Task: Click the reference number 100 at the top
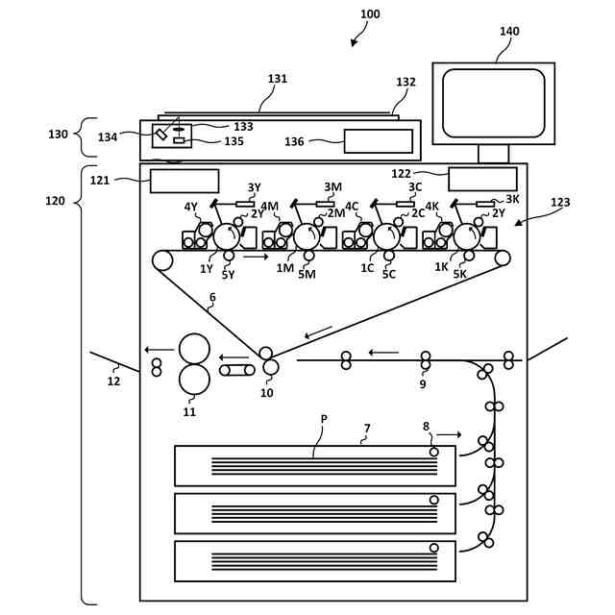coord(370,14)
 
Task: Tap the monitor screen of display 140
coord(493,103)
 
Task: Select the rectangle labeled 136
coord(378,141)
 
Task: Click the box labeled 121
coord(184,181)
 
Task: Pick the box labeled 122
coord(482,180)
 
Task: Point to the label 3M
coord(332,186)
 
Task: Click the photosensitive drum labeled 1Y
coord(227,237)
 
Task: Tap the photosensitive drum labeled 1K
coord(467,237)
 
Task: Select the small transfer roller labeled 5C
coord(388,256)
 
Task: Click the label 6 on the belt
coord(212,297)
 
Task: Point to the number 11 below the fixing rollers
coord(189,412)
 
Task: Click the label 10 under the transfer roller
coord(267,393)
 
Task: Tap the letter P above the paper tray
coord(324,419)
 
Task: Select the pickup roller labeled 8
coord(433,453)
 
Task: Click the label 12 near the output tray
coord(113,381)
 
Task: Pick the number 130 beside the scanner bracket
coord(58,135)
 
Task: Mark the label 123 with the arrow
coord(560,202)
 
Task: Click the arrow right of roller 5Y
coord(256,257)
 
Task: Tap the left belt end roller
coord(162,260)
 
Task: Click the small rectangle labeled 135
coord(179,140)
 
